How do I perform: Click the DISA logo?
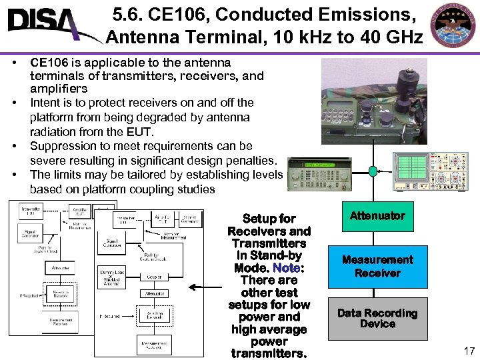click(x=47, y=25)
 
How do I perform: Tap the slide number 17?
click(x=467, y=350)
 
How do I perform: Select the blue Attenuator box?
click(x=377, y=216)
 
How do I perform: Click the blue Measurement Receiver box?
click(x=377, y=267)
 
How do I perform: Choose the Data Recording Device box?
click(x=377, y=318)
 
